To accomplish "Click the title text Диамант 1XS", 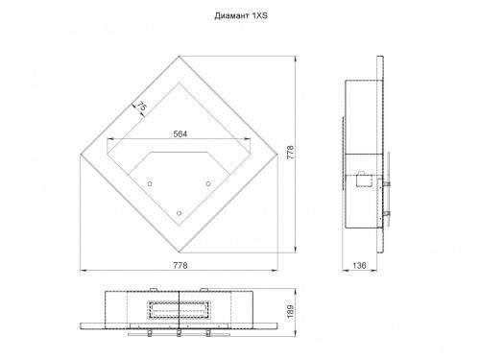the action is [241, 15].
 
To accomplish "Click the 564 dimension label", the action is [180, 133].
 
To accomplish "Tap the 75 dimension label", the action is [141, 107].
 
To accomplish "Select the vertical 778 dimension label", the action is [290, 153].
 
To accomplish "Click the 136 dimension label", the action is [359, 265].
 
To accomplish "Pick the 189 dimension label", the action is [290, 312].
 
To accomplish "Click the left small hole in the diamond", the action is [150, 183].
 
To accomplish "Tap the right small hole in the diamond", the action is [208, 183].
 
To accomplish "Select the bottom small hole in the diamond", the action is [179, 213].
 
